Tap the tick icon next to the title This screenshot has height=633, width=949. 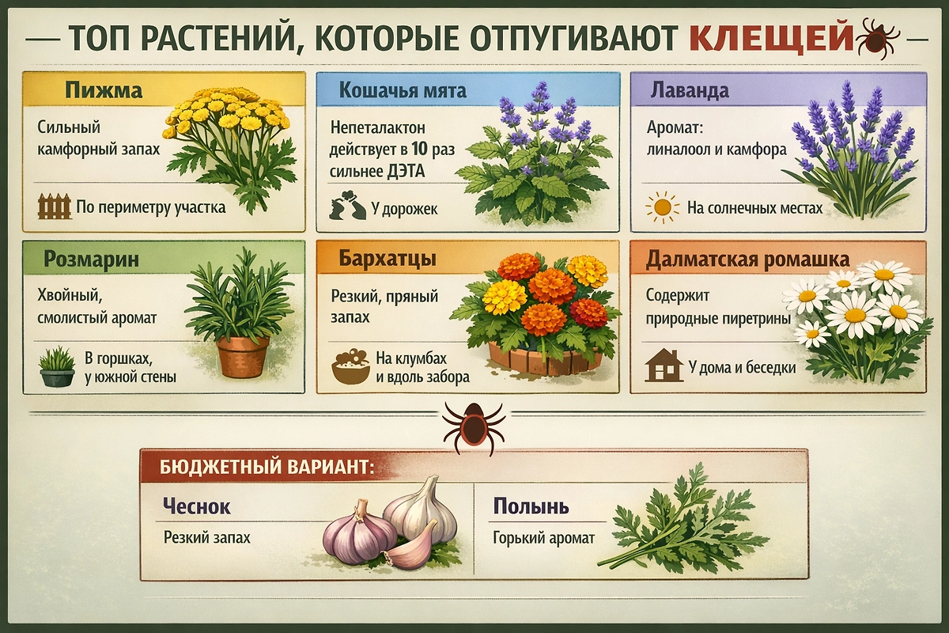point(875,36)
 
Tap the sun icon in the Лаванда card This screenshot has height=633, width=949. point(662,207)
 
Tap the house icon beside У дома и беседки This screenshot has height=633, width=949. point(664,366)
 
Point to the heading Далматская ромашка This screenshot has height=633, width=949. point(747,259)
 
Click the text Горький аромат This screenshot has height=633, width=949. point(543,538)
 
